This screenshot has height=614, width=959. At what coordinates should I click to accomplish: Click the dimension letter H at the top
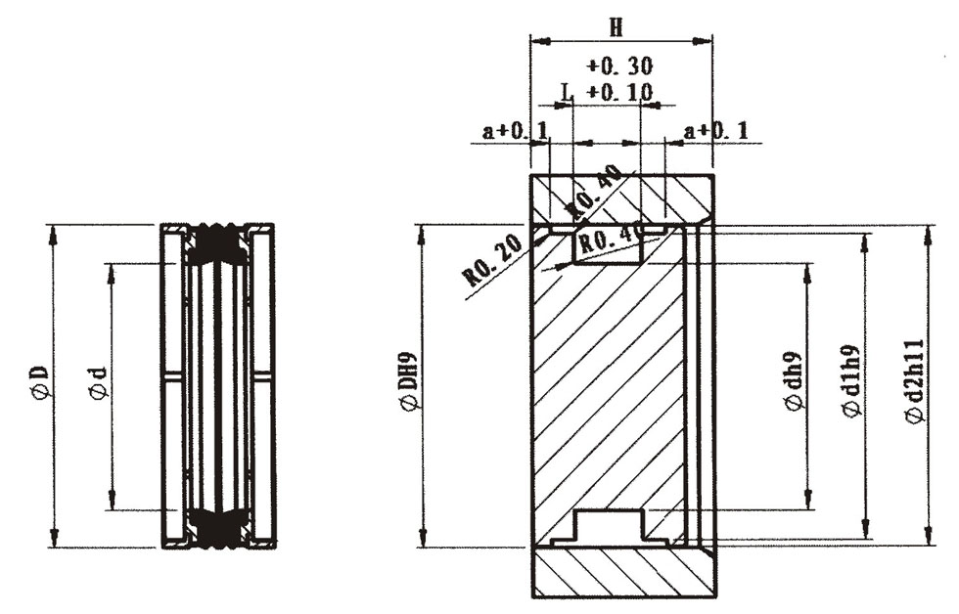(616, 27)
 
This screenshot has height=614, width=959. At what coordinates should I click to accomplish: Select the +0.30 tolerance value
(619, 66)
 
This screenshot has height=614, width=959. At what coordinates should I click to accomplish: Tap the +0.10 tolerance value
(619, 92)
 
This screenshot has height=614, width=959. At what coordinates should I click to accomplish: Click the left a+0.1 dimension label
(515, 131)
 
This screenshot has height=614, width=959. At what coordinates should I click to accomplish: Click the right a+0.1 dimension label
(716, 131)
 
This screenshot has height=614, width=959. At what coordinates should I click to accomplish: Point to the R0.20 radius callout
(494, 260)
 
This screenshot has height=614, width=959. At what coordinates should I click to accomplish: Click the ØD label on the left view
(40, 383)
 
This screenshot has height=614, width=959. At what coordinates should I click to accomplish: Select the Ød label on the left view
(99, 384)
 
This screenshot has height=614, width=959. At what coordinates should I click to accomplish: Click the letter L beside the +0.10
(568, 92)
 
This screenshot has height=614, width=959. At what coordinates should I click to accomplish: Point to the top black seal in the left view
(217, 243)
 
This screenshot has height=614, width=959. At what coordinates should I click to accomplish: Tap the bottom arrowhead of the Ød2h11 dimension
(929, 536)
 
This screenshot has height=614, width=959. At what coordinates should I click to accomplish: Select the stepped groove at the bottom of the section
(608, 527)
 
